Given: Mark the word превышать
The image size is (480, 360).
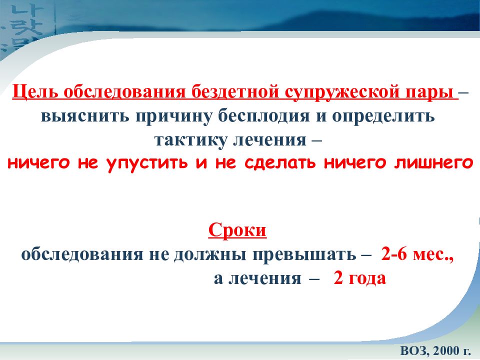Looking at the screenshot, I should point(302,254).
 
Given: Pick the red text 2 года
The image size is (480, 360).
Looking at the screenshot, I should point(360,278).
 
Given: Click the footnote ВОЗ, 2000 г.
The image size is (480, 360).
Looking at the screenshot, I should point(433,348).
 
